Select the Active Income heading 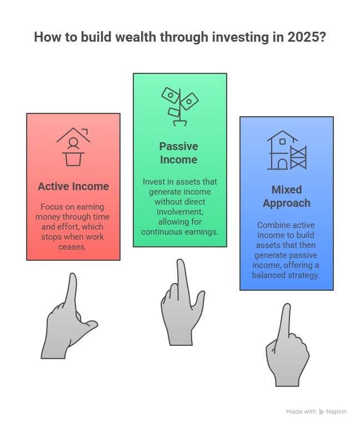(73, 186)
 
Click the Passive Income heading (178, 153)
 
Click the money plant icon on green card (179, 106)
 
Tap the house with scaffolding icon (286, 150)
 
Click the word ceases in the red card (73, 247)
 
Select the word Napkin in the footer (337, 412)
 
